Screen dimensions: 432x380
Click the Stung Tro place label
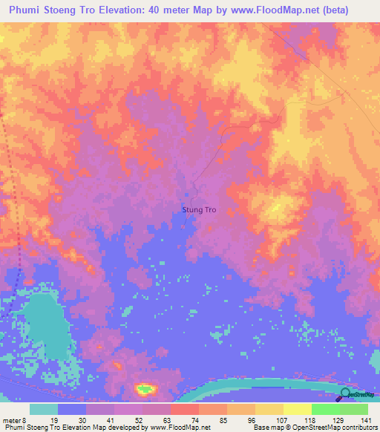199,210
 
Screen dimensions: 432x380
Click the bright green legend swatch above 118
325,409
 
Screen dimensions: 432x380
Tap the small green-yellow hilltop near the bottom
145,388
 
